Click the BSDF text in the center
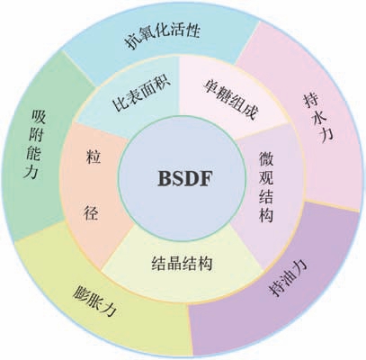click(185, 178)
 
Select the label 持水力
click(318, 117)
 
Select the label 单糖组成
click(230, 99)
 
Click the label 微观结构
click(266, 186)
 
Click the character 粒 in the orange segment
click(94, 157)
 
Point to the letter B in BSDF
click(165, 178)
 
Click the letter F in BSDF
click(206, 178)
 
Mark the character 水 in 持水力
click(318, 118)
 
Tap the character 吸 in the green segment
click(39, 117)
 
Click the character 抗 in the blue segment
click(133, 41)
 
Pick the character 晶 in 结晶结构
click(174, 264)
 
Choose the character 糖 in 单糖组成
click(223, 94)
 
